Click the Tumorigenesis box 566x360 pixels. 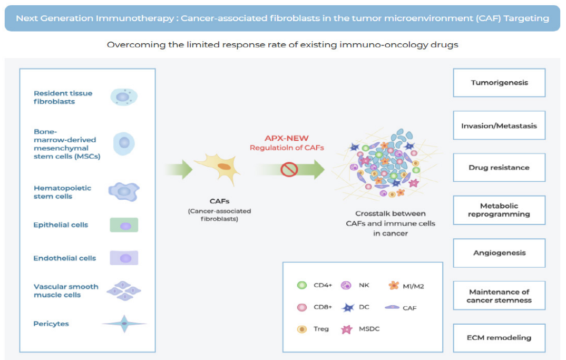[x=499, y=83]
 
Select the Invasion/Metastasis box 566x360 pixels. [x=499, y=125]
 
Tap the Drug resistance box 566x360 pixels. [x=499, y=168]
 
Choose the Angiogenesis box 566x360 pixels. [x=499, y=253]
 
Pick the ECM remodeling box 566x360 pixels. [x=499, y=338]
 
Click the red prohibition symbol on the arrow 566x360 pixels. [x=289, y=169]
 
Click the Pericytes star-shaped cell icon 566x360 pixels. [x=124, y=324]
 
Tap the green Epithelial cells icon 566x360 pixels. [x=124, y=225]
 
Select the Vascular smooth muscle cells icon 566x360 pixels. [x=124, y=290]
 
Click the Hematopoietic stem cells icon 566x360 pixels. [x=124, y=192]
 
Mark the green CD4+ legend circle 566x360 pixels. [x=302, y=285]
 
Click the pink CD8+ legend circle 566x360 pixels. [x=302, y=307]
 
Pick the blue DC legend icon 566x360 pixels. [x=348, y=307]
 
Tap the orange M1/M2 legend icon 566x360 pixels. [x=394, y=286]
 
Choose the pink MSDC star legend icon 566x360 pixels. [x=347, y=329]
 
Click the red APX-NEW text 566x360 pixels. [x=287, y=138]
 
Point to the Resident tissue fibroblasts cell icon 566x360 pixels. [x=124, y=97]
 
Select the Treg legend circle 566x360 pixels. [x=302, y=329]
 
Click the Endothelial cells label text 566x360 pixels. [x=65, y=258]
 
